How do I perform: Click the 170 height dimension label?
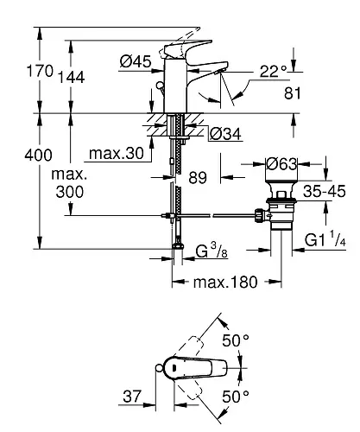pos(40,71)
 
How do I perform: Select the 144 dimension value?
pos(72,77)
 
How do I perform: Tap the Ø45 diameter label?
pos(136,61)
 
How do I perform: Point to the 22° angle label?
pos(273,71)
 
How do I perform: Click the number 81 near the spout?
pos(293,93)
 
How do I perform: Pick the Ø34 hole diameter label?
pos(225,134)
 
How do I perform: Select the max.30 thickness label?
pos(117,154)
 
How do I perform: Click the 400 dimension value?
pos(38,155)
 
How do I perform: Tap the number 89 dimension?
pos(198,178)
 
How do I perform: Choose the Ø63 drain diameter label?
pos(281,164)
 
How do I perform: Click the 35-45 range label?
pos(325,191)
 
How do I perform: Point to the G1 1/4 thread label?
pos(325,239)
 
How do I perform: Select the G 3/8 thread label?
pos(212,251)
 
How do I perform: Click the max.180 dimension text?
pos(225,283)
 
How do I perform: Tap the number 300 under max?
pos(70,192)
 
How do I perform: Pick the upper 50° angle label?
pos(236,340)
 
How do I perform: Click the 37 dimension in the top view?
pos(133,397)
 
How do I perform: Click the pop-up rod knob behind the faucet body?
pos(159,86)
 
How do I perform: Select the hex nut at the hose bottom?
pos(178,246)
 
